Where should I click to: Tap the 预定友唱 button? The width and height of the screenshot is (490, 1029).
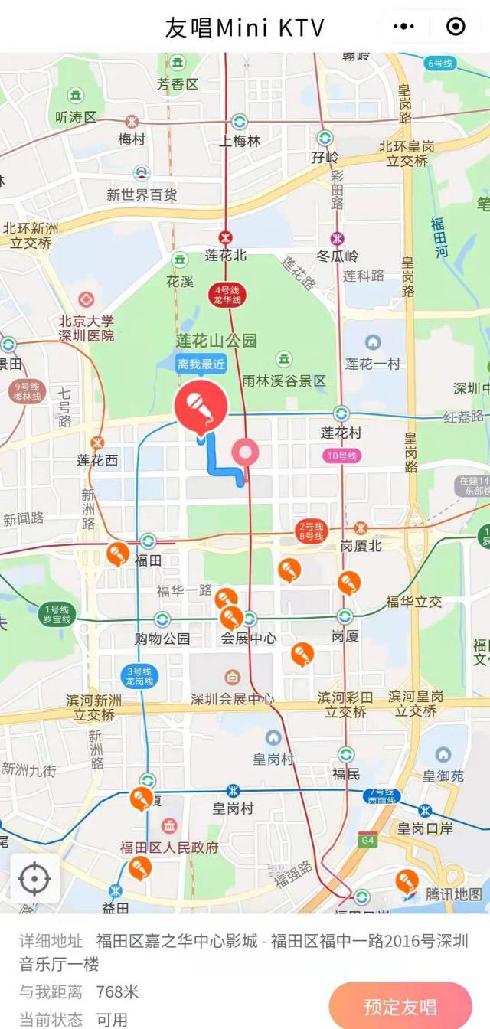(400, 1006)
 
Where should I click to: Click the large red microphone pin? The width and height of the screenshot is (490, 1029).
(201, 406)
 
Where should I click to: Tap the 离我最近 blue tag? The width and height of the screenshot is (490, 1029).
(201, 364)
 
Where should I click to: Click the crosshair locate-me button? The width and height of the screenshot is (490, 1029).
(34, 878)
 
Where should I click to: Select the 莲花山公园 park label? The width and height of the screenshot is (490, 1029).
(217, 341)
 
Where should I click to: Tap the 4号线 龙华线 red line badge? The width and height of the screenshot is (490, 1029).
(227, 295)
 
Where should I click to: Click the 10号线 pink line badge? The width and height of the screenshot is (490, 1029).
(341, 456)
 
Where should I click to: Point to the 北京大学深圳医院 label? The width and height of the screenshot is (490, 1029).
(87, 328)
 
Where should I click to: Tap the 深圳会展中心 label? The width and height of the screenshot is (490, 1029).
(232, 698)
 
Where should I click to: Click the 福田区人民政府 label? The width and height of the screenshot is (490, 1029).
(169, 848)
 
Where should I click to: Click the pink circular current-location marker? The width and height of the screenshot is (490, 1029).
(246, 452)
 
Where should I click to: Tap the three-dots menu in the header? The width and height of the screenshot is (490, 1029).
(403, 27)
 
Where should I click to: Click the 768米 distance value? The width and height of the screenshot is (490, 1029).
(117, 991)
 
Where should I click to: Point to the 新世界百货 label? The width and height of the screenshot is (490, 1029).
(142, 195)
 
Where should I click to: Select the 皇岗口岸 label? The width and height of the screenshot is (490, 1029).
(425, 828)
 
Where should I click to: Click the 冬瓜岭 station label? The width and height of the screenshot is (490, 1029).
(338, 256)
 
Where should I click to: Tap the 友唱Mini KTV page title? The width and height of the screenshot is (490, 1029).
(245, 28)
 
